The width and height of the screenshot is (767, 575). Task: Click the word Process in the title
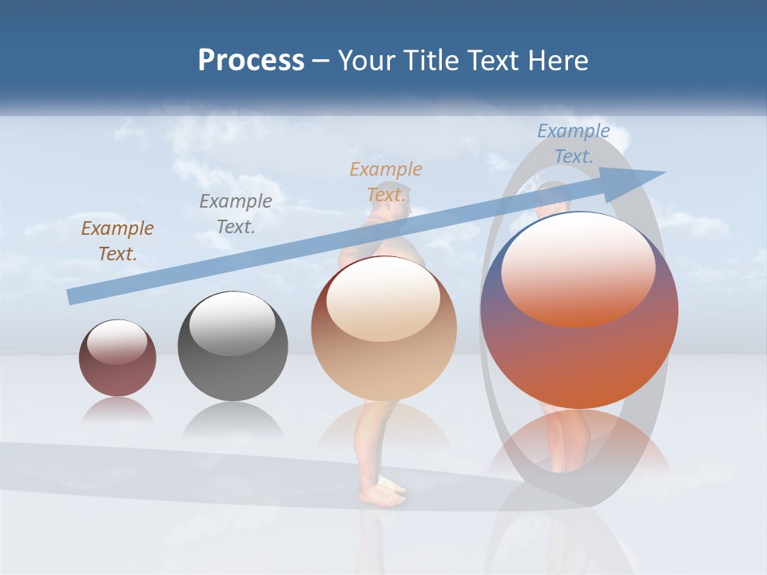coord(251,60)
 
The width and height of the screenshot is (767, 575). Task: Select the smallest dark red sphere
coord(117,358)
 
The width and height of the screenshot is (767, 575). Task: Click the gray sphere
coord(232,346)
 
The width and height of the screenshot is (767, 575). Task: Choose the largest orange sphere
coord(579,310)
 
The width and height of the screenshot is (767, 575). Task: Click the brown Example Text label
coord(117,241)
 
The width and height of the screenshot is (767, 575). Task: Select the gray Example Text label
coord(235,213)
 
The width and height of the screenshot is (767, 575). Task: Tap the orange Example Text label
coord(386,181)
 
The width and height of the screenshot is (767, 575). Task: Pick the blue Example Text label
coord(574,144)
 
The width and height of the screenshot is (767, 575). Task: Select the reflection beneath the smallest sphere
coord(117,410)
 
